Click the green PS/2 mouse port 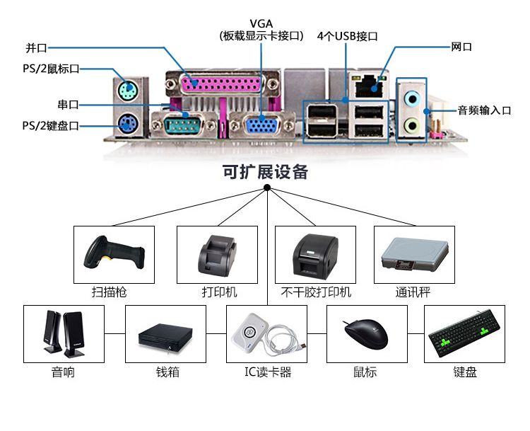click(x=128, y=90)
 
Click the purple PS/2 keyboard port click(x=128, y=124)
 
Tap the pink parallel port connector click(x=221, y=84)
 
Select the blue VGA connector click(x=262, y=125)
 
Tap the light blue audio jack click(x=413, y=98)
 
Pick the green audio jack click(x=412, y=126)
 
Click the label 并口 click(x=36, y=47)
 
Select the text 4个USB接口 click(x=347, y=36)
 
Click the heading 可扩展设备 click(x=265, y=172)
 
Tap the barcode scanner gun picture click(x=114, y=252)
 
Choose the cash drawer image click(x=165, y=337)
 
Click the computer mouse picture click(x=366, y=333)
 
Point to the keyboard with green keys click(x=464, y=333)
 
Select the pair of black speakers click(x=64, y=334)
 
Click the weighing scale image click(x=415, y=254)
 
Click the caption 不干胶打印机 click(x=316, y=292)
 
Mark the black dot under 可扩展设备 click(x=267, y=188)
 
